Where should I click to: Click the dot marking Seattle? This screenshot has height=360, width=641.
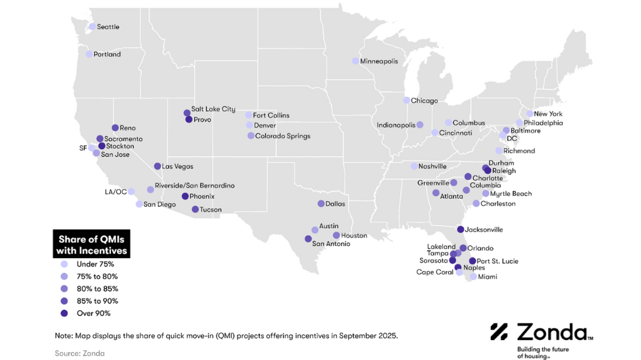[x=92, y=27]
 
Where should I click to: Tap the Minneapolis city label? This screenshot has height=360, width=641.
[x=379, y=61]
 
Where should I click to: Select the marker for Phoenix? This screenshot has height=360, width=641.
[x=185, y=197]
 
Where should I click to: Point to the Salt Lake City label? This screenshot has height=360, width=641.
[x=213, y=110]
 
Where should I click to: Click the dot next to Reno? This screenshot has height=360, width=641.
[x=115, y=128]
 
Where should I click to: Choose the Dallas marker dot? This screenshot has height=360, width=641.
[x=321, y=204]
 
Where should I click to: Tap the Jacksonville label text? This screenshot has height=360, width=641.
[x=484, y=230]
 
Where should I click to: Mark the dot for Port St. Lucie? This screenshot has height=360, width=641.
[x=472, y=261]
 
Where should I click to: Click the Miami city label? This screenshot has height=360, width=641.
[x=487, y=277]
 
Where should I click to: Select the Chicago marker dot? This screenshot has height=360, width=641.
[x=406, y=101]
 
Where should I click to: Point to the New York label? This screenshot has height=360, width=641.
[x=548, y=114]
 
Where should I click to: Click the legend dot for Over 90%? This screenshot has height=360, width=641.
[x=63, y=313]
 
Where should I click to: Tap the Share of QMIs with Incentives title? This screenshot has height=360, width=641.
[x=91, y=244]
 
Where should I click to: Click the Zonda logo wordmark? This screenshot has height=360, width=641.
[x=551, y=332]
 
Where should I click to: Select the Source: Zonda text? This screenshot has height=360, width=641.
[x=79, y=353]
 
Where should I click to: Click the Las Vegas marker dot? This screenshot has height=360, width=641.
[x=158, y=167]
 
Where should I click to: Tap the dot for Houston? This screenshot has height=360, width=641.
[x=337, y=236]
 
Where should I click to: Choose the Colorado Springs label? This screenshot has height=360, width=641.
[x=283, y=136]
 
